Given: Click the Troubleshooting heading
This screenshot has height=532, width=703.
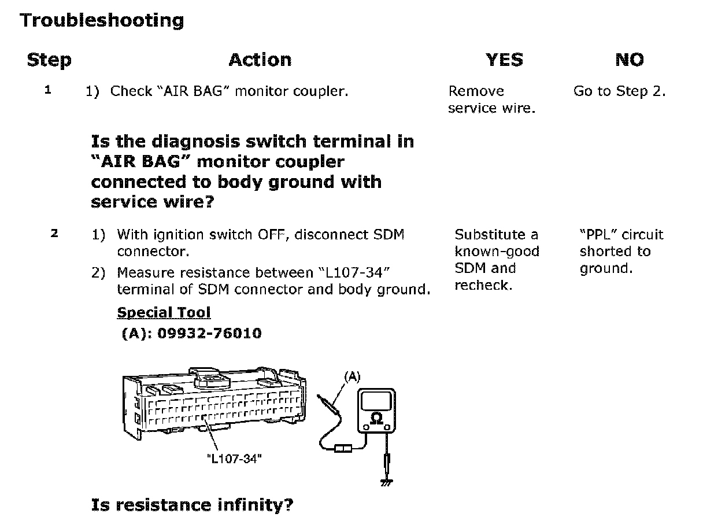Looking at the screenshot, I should pyautogui.click(x=102, y=21).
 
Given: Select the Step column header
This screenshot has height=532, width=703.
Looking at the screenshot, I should pyautogui.click(x=49, y=60).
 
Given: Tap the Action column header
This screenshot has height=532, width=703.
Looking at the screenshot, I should pyautogui.click(x=260, y=60).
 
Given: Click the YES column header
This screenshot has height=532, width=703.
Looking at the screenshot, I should pyautogui.click(x=504, y=60).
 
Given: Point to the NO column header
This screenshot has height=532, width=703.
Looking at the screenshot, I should pyautogui.click(x=629, y=60).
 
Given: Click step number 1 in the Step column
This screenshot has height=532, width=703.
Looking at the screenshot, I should pyautogui.click(x=47, y=90).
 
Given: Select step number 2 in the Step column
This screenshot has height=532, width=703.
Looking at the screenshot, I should pyautogui.click(x=54, y=234).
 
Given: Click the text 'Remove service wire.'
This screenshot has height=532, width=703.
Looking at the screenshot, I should pyautogui.click(x=491, y=99).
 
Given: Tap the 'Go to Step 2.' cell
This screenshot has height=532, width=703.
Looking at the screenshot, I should pyautogui.click(x=619, y=91).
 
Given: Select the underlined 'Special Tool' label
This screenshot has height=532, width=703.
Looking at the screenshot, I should pyautogui.click(x=164, y=313).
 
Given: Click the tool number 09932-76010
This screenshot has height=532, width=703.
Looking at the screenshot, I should pyautogui.click(x=209, y=334).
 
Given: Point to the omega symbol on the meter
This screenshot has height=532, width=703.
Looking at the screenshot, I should pyautogui.click(x=376, y=418).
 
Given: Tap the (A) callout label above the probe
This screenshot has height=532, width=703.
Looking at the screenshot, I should pyautogui.click(x=352, y=377).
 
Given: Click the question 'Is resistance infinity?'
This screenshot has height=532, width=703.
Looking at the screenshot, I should pyautogui.click(x=192, y=505).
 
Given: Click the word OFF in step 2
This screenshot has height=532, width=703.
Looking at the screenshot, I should pyautogui.click(x=268, y=235).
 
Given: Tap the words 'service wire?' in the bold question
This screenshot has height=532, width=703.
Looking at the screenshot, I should pyautogui.click(x=149, y=202).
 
